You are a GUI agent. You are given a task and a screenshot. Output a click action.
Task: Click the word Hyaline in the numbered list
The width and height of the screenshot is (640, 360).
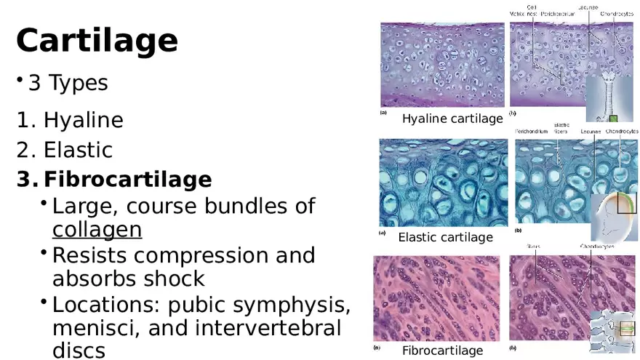[83, 120]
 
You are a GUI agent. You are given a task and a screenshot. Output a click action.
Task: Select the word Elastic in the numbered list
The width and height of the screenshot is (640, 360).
[78, 150]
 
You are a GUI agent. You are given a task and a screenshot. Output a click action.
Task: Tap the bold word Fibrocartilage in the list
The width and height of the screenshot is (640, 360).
[127, 179]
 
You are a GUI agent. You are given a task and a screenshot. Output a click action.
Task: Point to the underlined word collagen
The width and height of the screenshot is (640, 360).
[97, 230]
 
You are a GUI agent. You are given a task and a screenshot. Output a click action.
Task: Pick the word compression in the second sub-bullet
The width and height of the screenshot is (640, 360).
[213, 256]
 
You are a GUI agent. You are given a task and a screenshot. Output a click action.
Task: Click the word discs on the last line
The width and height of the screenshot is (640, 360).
[79, 350]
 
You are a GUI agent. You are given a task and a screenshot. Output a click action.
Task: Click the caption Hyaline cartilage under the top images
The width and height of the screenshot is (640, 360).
[452, 119]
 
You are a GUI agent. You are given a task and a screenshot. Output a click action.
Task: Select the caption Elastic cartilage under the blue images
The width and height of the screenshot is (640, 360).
[445, 237]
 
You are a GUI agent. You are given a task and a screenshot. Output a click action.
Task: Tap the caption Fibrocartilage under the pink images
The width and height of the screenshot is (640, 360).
[442, 351]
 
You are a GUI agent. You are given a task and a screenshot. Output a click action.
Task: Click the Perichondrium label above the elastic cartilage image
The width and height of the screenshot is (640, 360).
[532, 132]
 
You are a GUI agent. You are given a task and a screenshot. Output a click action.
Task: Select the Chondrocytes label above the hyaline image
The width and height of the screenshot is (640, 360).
[616, 14]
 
